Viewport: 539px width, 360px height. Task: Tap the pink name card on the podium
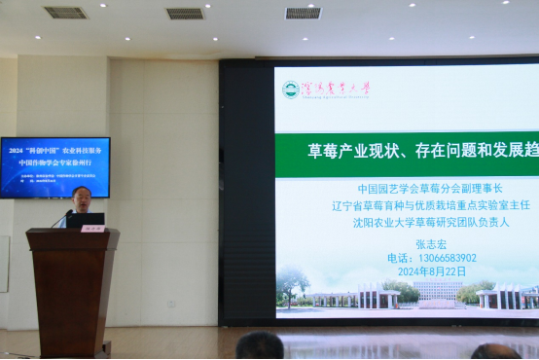tap(93, 228)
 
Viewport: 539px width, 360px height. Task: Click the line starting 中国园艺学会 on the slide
tap(432, 189)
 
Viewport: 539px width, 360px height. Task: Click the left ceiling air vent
tap(65, 13)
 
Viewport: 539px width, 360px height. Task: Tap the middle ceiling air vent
tap(185, 14)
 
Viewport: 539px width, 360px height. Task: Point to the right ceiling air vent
tap(303, 13)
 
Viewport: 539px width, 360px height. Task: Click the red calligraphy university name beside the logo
tap(336, 89)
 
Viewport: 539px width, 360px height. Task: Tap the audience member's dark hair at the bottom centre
tap(260, 346)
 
